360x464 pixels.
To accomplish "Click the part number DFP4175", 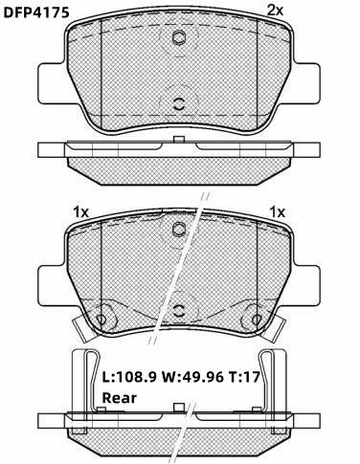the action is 36,12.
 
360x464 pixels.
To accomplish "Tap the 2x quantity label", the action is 275,11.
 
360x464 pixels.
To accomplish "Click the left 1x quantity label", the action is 80,211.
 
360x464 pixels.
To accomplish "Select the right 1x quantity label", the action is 278,211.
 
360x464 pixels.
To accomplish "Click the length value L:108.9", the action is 129,378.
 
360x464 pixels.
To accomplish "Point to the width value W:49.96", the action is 192,378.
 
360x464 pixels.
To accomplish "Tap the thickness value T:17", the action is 244,378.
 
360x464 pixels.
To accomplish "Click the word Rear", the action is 119,398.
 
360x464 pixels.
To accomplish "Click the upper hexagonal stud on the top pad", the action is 179,37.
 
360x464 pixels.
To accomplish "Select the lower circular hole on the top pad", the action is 179,103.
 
